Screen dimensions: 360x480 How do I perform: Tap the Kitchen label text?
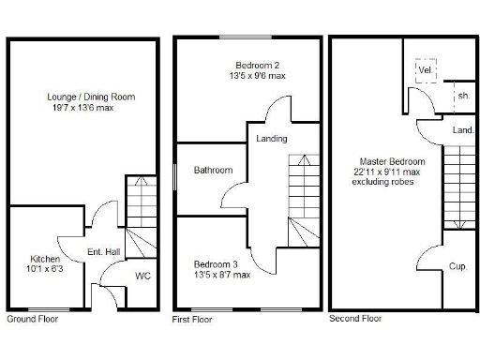click(x=45, y=258)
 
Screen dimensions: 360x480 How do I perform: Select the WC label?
click(x=142, y=276)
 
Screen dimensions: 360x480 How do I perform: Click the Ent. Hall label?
click(x=101, y=252)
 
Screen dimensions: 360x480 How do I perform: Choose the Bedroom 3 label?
click(x=217, y=263)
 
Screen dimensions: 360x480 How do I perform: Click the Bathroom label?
click(x=213, y=170)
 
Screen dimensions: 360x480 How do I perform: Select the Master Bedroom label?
click(x=384, y=161)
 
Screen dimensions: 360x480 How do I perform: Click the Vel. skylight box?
click(x=425, y=69)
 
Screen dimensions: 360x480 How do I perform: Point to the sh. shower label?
click(x=463, y=96)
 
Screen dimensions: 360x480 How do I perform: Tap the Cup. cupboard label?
click(x=457, y=266)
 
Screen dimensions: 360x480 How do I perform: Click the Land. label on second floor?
click(x=462, y=131)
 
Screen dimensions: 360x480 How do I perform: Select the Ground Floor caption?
click(x=34, y=320)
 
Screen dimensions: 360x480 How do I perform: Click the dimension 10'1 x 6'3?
click(x=45, y=269)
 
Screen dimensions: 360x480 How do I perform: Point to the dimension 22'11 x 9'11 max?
click(x=385, y=172)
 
